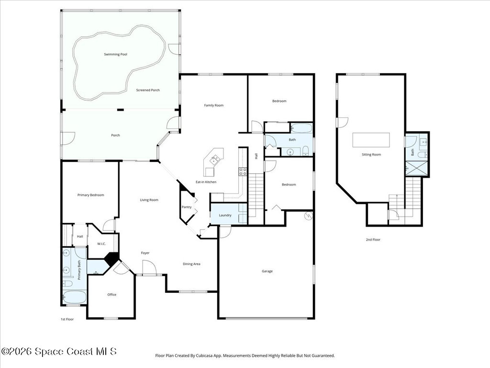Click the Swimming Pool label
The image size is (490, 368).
(x=116, y=55)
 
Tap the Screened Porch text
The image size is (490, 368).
(x=148, y=90)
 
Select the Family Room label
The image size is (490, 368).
(x=214, y=105)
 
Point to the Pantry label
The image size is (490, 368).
(x=187, y=207)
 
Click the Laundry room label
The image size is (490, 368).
(x=225, y=215)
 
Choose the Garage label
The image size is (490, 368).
(x=267, y=271)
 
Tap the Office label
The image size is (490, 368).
(x=111, y=295)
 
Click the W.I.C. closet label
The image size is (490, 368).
(x=101, y=244)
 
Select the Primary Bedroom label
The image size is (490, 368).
(x=90, y=195)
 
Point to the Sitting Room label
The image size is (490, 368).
(x=371, y=155)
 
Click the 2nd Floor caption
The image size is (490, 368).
(x=373, y=240)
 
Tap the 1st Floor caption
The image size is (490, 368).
(x=67, y=320)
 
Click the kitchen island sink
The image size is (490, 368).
(x=215, y=160)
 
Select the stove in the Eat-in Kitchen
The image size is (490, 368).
(x=243, y=172)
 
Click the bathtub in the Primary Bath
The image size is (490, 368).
(x=74, y=297)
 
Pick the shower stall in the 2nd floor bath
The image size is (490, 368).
(x=417, y=168)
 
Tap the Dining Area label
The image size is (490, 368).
(x=191, y=264)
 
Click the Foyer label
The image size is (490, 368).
(x=145, y=253)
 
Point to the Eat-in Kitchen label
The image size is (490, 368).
(x=206, y=182)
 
